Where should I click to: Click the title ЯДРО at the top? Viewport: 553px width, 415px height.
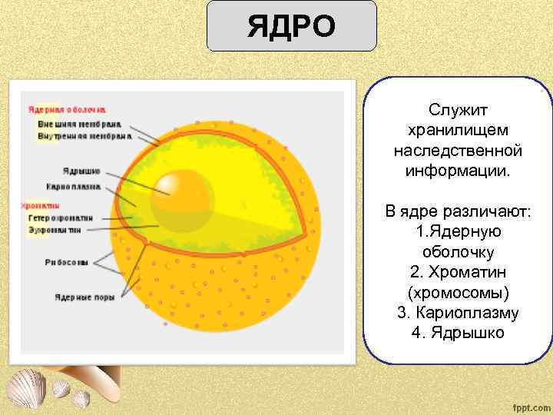[x=291, y=26]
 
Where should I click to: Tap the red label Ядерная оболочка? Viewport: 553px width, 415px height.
[x=68, y=110]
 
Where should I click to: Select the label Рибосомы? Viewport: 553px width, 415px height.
[x=67, y=261]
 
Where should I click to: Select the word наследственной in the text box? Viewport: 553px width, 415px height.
[x=458, y=151]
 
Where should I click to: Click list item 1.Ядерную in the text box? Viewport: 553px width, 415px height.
[x=458, y=231]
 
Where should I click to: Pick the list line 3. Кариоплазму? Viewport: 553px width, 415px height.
[x=458, y=313]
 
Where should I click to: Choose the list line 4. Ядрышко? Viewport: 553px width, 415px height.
[x=458, y=333]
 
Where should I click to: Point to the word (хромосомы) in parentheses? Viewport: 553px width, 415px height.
[x=458, y=293]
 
